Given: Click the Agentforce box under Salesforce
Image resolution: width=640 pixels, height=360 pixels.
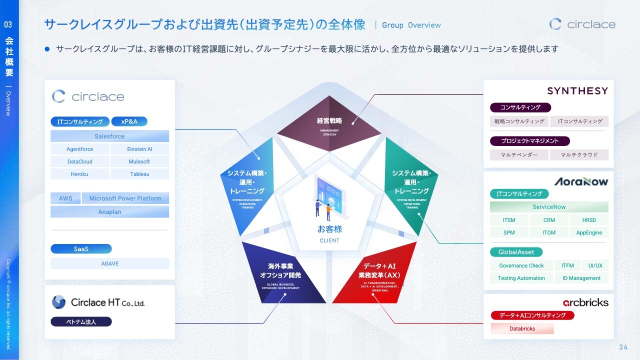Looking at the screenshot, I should click(80, 149).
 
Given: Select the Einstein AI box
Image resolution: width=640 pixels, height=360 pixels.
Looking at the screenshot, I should click(139, 149).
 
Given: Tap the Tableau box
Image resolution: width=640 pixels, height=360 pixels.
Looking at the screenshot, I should click(139, 174).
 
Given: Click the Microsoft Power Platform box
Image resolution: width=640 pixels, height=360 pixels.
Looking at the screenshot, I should click(125, 198).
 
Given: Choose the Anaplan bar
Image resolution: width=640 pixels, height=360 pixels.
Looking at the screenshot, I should click(109, 212).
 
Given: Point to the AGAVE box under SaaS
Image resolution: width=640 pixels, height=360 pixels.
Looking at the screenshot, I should click(109, 263).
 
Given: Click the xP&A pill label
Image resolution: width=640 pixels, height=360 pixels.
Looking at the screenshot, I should click(129, 121).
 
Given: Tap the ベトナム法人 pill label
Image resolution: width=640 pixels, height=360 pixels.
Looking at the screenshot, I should click(81, 322).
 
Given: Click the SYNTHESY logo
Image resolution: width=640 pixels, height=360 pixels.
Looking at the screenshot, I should click(577, 91).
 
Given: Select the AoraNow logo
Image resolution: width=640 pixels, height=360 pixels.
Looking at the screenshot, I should click(580, 181).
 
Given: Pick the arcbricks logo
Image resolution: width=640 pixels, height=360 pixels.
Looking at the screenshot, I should click(585, 302).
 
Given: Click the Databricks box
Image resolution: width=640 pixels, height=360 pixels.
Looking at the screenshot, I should click(522, 328).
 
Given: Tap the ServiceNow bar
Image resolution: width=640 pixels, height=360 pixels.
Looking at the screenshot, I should click(549, 207).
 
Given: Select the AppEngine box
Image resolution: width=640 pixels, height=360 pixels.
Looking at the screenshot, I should click(589, 232).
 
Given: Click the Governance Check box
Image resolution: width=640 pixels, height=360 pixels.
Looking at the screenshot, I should click(521, 265).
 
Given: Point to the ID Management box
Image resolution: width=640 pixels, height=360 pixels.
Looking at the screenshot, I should click(581, 278).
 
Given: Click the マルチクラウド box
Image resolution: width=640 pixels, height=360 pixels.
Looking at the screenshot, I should click(579, 155).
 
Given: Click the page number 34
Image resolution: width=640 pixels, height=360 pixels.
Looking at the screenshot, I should click(623, 347).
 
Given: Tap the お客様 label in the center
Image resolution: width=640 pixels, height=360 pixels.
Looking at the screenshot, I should click(329, 229).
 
